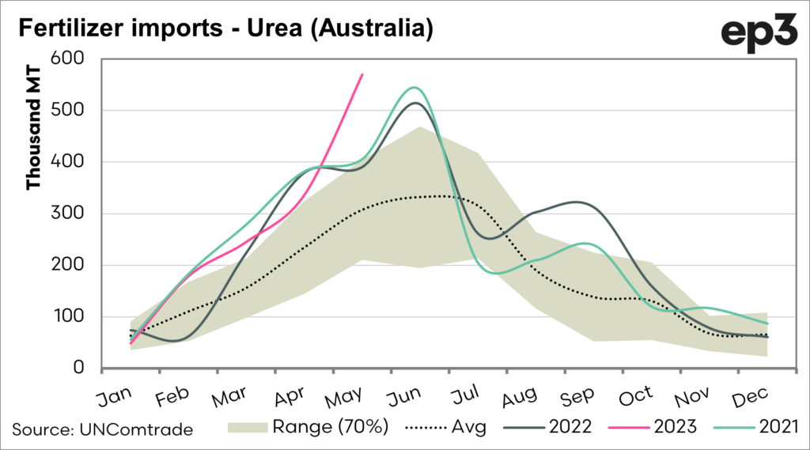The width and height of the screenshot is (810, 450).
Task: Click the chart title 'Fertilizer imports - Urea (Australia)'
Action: [224, 29]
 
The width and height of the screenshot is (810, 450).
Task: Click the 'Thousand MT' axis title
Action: [33, 139]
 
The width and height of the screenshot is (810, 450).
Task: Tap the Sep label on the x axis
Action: [564, 395]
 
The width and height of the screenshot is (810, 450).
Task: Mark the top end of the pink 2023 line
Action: [362, 74]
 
